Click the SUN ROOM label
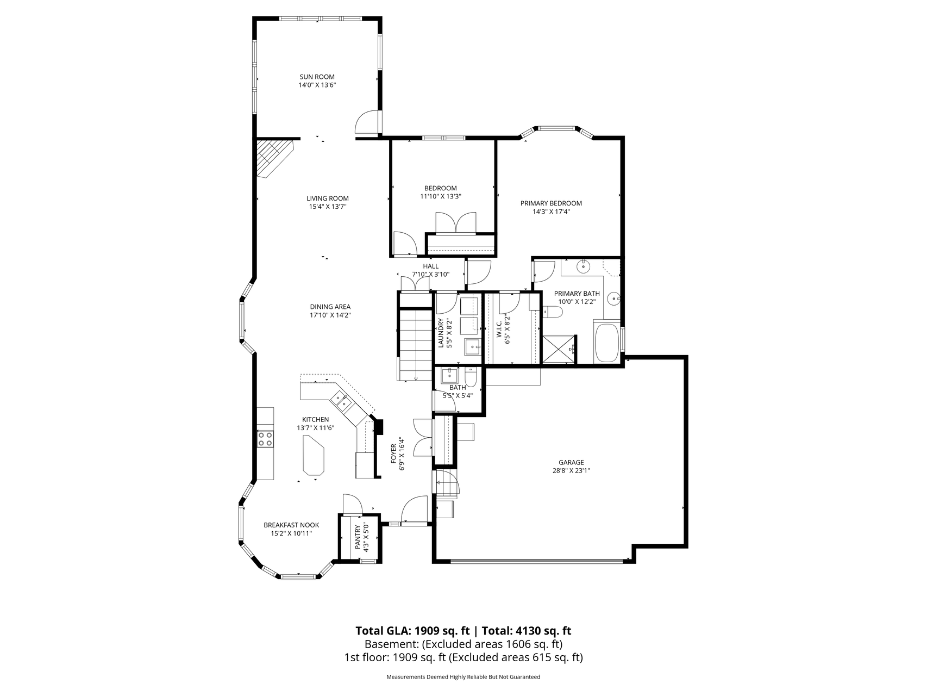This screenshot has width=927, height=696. click(317, 77)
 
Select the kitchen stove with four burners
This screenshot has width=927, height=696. click(265, 438)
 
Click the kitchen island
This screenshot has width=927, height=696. click(312, 457)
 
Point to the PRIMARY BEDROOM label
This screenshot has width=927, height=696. click(551, 203)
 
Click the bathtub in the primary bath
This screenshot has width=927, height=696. click(607, 343)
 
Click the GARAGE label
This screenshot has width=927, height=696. click(571, 462)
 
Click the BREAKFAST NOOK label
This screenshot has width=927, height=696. click(291, 525)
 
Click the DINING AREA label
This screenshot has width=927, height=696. click(330, 306)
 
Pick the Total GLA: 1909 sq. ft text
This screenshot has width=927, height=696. click(412, 631)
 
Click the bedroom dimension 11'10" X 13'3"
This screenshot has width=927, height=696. click(441, 196)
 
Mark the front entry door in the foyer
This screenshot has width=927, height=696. click(416, 510)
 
